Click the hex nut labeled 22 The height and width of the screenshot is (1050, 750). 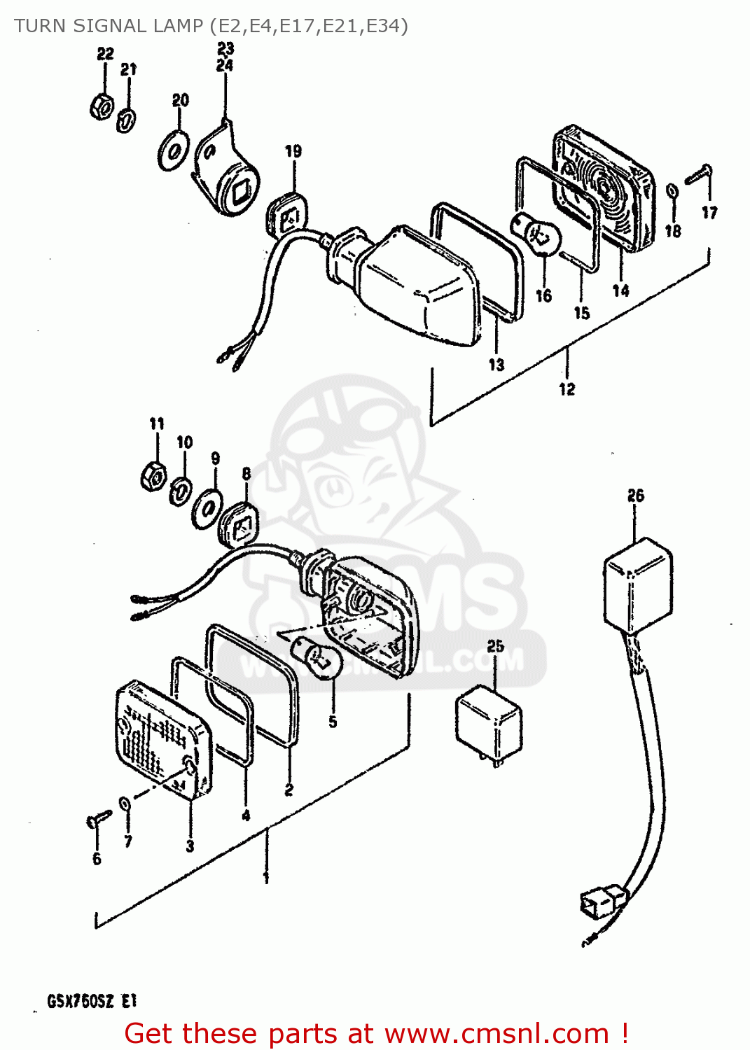tap(102, 106)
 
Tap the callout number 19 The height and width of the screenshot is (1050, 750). tap(293, 151)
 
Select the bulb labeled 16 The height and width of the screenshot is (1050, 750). tap(541, 235)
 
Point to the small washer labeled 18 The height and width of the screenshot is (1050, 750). tap(671, 191)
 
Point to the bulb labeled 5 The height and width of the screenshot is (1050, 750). tap(321, 659)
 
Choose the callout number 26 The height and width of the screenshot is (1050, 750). tap(635, 496)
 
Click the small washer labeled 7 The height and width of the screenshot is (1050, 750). tap(125, 802)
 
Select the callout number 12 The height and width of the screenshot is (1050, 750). tap(567, 389)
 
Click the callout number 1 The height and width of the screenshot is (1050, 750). tap(266, 877)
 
